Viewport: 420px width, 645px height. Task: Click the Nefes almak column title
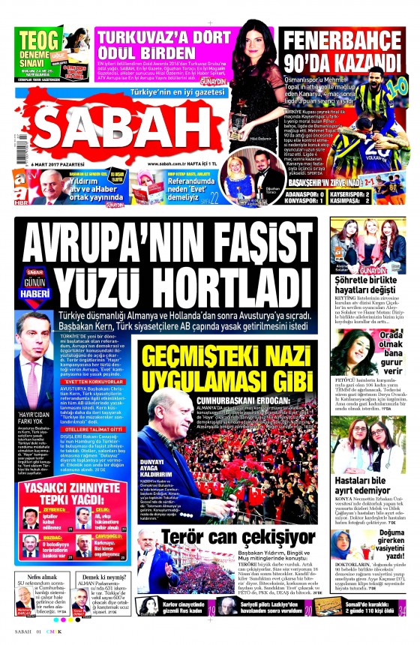click(32, 577)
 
